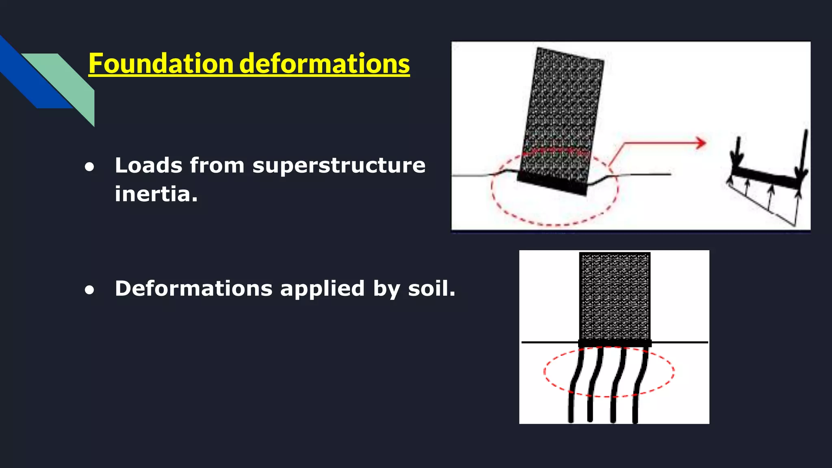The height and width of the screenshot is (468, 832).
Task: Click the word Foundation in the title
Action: [x=161, y=64]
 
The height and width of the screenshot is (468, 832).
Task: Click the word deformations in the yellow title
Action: [x=325, y=64]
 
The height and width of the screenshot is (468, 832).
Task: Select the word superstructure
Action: [x=339, y=166]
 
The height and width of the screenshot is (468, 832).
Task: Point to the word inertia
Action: [x=156, y=194]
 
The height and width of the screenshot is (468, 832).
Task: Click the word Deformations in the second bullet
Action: [x=193, y=289]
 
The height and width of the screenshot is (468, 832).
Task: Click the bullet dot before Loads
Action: [x=89, y=167]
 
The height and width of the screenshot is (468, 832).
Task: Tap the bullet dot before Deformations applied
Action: [x=89, y=290]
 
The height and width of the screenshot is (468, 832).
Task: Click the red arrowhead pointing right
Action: [x=700, y=143]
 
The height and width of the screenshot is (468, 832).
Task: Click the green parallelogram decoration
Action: [x=69, y=81]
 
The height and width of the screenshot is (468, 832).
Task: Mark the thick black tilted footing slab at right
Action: [x=764, y=177]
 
